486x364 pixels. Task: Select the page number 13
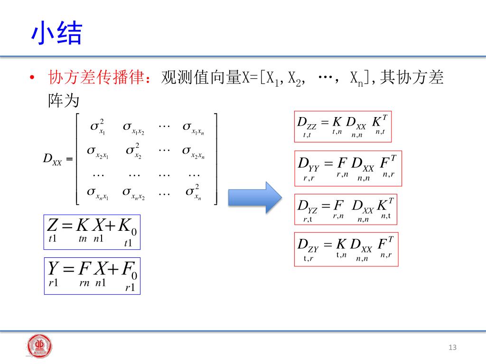click(x=452, y=348)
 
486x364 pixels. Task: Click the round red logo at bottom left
click(x=39, y=346)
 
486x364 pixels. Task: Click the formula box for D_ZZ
click(x=343, y=127)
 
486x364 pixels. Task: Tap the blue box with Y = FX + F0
click(x=92, y=276)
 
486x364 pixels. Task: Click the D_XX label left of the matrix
click(x=56, y=159)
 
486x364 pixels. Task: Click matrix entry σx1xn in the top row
click(x=193, y=127)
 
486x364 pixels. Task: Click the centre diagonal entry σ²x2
click(x=134, y=151)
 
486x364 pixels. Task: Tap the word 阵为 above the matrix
click(x=64, y=101)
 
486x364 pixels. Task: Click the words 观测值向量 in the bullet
click(x=202, y=77)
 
